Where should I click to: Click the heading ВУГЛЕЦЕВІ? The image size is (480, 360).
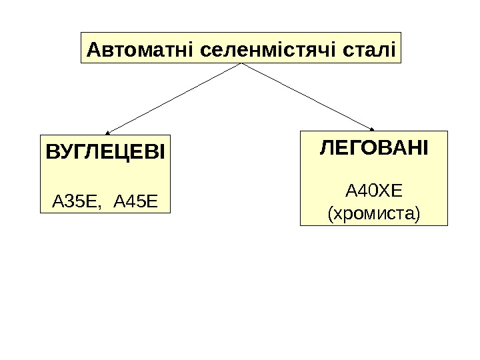click(105, 151)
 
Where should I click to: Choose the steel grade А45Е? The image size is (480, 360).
click(137, 199)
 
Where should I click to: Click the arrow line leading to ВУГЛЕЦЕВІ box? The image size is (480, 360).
click(173, 98)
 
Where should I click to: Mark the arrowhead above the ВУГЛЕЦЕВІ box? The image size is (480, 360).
click(107, 132)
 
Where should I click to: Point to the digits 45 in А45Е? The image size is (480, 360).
click(137, 199)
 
